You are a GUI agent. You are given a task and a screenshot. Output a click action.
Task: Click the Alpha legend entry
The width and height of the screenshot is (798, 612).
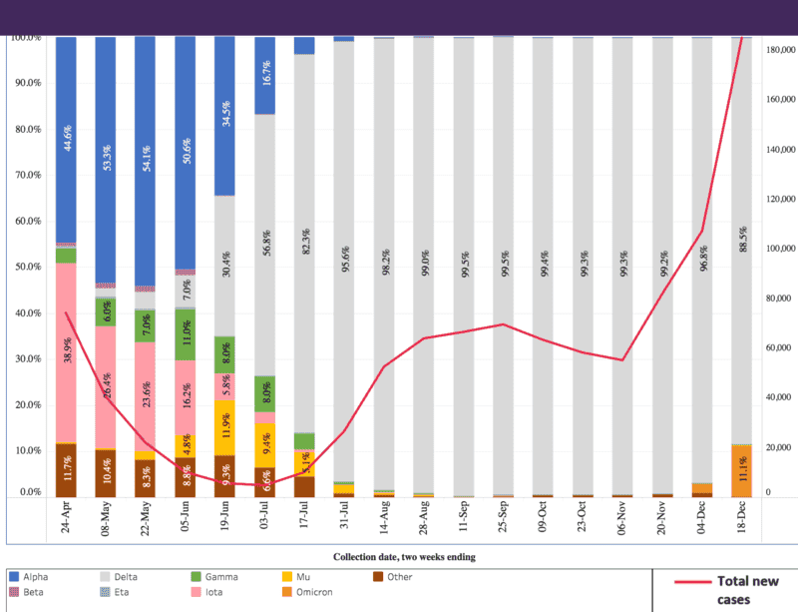(x=34, y=577)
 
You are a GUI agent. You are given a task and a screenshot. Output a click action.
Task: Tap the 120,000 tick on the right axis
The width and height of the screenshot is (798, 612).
(x=780, y=199)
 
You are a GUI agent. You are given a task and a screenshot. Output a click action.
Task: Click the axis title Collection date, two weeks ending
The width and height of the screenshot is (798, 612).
(x=403, y=555)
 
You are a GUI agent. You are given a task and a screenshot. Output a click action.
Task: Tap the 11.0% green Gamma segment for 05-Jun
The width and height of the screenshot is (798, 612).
(x=186, y=333)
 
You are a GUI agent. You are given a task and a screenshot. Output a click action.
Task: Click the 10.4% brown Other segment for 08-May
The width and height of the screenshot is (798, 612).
(x=106, y=473)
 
